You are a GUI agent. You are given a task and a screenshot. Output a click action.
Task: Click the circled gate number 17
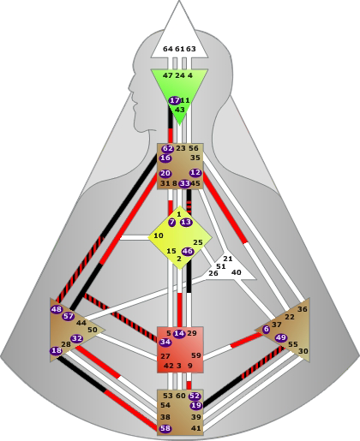174,100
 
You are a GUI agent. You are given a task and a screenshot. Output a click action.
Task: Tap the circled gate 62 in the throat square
167,149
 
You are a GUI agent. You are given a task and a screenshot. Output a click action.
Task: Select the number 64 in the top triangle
168,49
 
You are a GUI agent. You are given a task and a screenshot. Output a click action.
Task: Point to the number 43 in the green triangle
180,110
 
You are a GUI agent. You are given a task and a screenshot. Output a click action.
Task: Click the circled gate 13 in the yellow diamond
186,222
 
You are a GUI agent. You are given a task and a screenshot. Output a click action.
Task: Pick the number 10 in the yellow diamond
159,235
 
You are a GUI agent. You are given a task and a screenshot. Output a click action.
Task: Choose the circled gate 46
188,252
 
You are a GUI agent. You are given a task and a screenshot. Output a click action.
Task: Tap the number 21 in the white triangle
228,259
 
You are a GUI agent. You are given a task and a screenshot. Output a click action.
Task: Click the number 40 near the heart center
236,272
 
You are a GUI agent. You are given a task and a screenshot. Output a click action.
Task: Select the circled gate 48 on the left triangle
57,309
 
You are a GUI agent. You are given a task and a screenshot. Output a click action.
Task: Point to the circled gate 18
56,350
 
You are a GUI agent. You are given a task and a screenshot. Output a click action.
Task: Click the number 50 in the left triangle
93,330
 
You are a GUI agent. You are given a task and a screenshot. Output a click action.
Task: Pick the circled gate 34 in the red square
165,342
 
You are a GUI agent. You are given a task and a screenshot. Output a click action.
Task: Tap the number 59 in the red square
196,355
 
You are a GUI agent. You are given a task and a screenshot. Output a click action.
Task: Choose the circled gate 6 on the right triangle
267,329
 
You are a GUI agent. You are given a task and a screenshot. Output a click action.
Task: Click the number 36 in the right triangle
303,309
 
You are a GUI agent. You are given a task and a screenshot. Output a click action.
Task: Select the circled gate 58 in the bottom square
165,428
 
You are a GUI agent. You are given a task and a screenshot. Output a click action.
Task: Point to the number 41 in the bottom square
196,428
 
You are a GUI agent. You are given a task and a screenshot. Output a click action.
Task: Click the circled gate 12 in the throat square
195,173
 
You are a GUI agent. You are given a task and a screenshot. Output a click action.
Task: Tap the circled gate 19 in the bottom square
196,405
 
